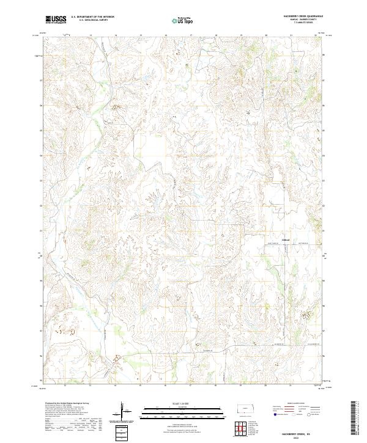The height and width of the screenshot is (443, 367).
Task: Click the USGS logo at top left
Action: [56, 20]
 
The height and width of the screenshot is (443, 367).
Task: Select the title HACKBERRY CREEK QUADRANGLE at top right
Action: [300, 16]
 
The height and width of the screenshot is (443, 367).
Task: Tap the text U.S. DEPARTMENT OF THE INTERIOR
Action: [92, 17]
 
